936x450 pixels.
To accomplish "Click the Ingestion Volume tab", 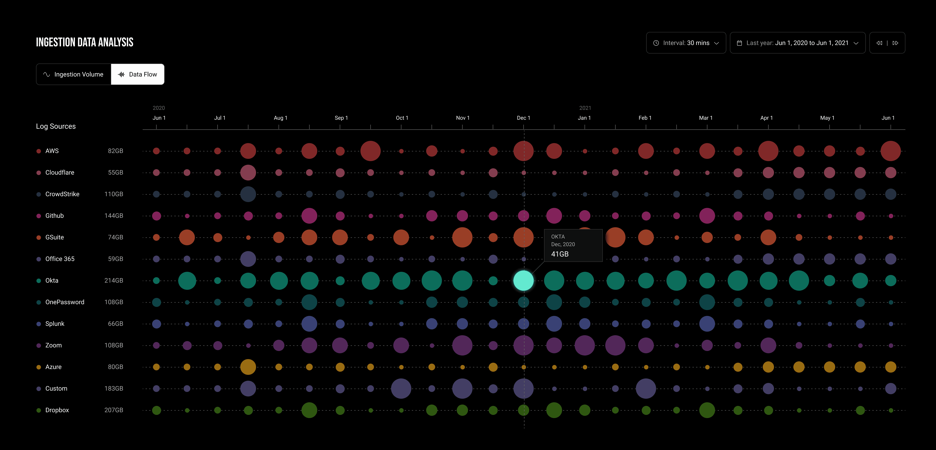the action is point(73,74).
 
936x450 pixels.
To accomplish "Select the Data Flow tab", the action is point(138,74).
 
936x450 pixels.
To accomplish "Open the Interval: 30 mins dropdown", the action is point(686,43).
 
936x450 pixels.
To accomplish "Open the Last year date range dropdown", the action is point(798,43).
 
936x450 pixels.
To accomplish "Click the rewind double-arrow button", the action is point(879,43).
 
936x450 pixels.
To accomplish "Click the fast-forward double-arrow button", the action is point(895,43).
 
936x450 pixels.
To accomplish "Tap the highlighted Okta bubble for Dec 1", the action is point(524,281).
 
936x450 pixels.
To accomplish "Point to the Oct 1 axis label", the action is point(402,118).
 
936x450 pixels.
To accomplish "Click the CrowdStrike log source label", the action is point(62,194).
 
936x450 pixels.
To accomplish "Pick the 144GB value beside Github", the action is point(114,216).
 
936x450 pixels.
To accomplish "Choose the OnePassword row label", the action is point(65,302).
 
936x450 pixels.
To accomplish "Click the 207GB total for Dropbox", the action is point(114,410).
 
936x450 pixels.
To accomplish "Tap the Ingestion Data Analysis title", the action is point(85,42).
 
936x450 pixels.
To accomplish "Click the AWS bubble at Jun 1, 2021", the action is point(891,151).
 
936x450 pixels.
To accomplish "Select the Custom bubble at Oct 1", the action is point(401,389).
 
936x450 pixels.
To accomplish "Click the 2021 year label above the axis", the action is point(585,108).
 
